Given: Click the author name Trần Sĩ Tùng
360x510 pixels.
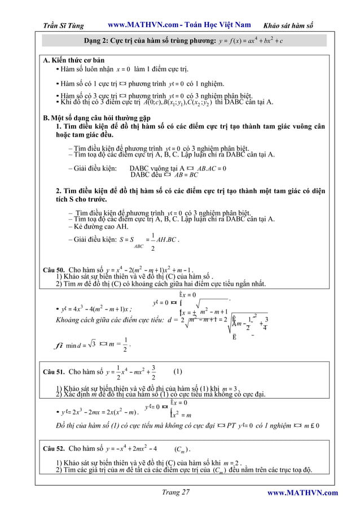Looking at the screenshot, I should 67,25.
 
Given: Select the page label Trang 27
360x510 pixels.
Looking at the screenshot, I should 175,492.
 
